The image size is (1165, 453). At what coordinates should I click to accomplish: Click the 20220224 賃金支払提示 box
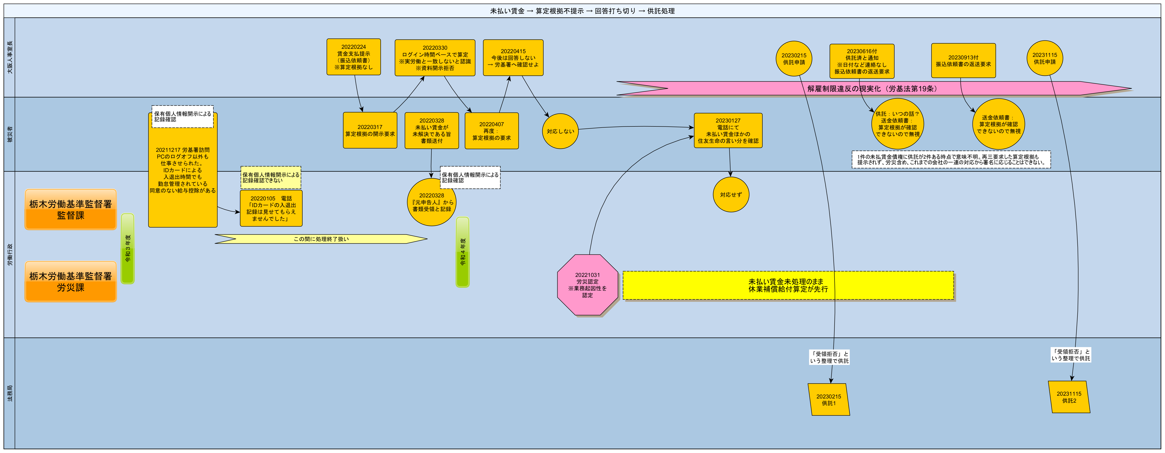354,57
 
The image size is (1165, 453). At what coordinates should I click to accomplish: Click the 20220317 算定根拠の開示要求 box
370,130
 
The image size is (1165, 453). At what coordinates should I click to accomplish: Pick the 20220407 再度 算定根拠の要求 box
492,131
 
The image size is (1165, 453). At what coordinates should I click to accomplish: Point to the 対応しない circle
560,131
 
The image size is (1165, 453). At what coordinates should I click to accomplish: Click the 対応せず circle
731,195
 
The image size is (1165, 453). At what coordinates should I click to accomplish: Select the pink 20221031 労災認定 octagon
588,285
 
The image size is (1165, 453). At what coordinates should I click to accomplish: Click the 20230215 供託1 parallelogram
829,400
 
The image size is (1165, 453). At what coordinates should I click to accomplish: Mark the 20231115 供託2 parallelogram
1069,397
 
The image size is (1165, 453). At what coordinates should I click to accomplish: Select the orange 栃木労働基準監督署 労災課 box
70,282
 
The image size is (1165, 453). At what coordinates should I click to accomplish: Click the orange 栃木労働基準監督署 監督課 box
70,210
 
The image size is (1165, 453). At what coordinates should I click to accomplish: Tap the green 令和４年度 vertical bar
463,252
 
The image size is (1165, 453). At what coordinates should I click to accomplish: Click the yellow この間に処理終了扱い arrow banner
321,239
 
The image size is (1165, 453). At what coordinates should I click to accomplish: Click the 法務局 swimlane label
9,393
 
